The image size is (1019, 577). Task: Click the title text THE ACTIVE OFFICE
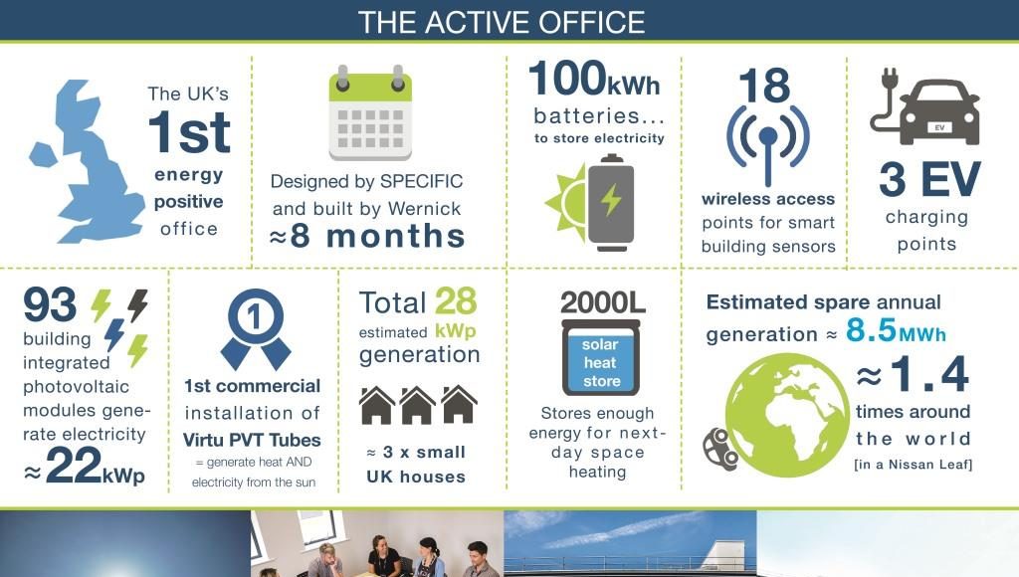(502, 22)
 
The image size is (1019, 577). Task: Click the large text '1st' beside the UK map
(189, 132)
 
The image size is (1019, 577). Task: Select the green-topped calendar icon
(370, 113)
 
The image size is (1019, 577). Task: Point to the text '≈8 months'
(367, 235)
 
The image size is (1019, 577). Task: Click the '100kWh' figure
(594, 79)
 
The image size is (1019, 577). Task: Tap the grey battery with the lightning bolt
(610, 202)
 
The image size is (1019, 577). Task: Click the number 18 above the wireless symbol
(764, 86)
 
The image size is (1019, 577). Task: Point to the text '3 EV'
(929, 179)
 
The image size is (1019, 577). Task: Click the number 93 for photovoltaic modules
(50, 304)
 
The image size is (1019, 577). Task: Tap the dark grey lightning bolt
(137, 305)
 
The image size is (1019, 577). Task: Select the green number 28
(456, 301)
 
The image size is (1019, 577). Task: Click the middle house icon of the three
(417, 406)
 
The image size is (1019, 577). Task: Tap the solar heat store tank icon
(600, 357)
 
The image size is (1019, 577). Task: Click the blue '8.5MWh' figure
(896, 330)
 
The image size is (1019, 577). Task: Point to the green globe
(787, 415)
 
